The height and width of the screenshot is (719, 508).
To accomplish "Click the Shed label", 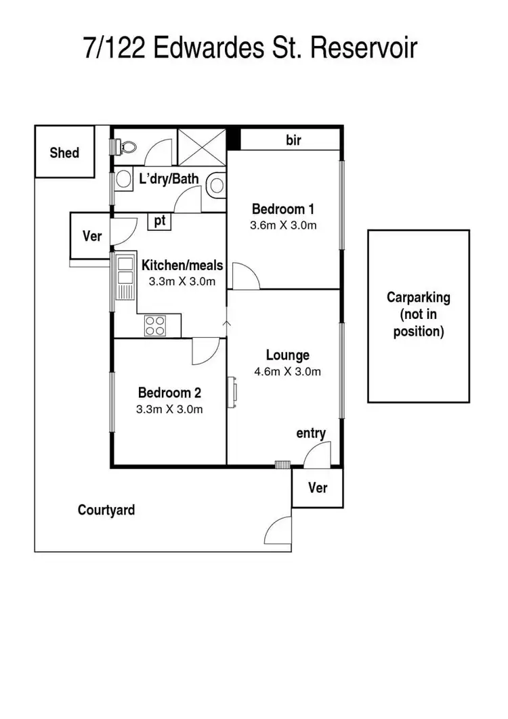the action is (64, 153).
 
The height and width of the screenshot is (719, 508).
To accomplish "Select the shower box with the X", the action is (201, 146).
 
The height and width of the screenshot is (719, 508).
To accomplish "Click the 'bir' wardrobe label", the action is (293, 140).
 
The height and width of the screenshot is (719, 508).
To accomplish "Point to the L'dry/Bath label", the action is (169, 179).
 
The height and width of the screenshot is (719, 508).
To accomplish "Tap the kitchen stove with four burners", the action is (155, 326).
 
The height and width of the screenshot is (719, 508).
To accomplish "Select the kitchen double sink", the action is (125, 277).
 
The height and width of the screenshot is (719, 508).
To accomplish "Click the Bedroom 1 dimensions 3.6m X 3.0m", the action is (284, 225).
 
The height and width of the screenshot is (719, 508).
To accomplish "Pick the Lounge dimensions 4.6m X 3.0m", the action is (287, 371).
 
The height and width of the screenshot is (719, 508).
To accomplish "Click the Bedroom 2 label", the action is (169, 393).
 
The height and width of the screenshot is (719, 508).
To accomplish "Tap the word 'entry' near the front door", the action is (311, 433).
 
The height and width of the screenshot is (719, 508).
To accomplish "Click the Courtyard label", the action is (106, 510).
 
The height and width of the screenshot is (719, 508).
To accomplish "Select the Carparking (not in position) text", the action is (418, 314).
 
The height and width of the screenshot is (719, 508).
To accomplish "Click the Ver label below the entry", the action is (317, 487).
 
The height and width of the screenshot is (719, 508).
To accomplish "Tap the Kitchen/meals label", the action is (182, 265).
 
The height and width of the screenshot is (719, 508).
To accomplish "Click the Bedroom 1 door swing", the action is (245, 276).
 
